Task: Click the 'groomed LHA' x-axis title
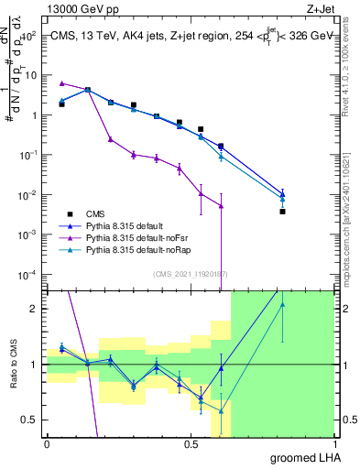coord(305,457)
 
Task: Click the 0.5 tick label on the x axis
coord(191,443)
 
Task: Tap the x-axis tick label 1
coord(335,443)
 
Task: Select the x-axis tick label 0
coord(47,443)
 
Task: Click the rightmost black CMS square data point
coord(283,212)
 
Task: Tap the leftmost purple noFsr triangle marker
coord(61,82)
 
